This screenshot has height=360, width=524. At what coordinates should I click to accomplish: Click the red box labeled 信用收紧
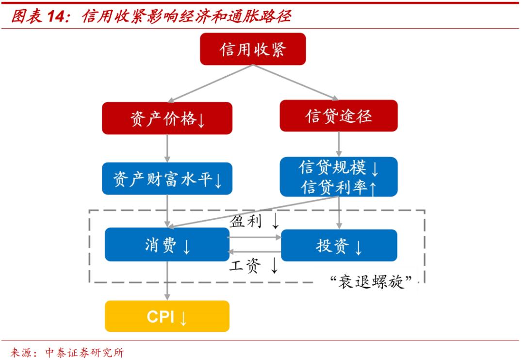(253, 49)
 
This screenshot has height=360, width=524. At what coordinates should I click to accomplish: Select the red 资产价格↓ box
(167, 118)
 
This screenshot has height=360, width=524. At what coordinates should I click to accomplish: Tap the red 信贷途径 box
(338, 116)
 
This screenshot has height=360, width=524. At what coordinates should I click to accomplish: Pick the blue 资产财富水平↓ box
(167, 179)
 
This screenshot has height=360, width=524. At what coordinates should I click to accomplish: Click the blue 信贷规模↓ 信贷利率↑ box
(338, 177)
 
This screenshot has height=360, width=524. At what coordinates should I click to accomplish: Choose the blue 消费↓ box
(167, 245)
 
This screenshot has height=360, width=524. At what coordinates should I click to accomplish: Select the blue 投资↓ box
(339, 245)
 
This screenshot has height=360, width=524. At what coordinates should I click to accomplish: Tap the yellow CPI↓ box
(167, 316)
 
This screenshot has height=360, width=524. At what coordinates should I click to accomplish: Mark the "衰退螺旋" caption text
(373, 281)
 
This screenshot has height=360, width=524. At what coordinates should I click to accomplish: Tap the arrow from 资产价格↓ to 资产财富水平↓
(167, 148)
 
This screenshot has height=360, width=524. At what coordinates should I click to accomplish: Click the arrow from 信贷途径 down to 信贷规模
(338, 144)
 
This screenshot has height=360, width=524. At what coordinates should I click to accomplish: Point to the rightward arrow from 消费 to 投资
(255, 238)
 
